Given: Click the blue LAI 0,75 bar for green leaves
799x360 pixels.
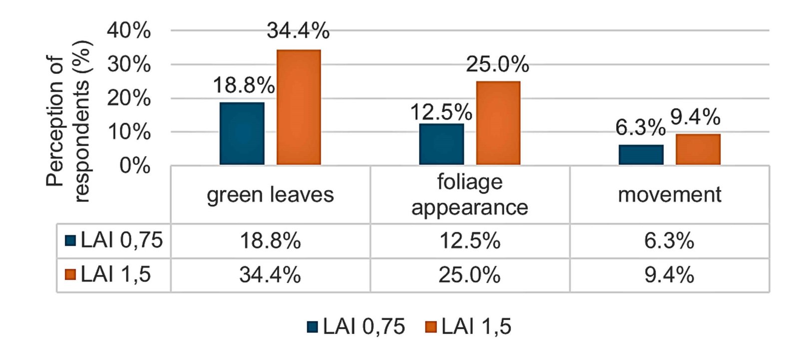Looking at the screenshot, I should (242, 133).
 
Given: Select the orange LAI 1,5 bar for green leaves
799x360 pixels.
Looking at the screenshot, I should (299, 107).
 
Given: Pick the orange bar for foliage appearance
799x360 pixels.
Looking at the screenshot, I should (498, 123).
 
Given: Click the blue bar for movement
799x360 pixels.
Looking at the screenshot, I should (641, 155).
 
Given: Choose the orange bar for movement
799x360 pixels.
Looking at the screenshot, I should (698, 149).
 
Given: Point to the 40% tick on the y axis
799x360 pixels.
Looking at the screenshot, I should (129, 31).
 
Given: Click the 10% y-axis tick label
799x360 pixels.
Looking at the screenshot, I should (129, 132).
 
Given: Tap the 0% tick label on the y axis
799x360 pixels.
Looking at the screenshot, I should (135, 166).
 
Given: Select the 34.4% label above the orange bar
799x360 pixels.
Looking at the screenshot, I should (298, 31).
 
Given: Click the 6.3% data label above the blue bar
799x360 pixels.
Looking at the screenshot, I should (640, 128).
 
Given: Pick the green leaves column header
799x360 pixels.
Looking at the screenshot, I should (270, 195).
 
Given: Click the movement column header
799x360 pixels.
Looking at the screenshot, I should (669, 195).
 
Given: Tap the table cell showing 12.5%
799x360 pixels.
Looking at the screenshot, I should (469, 241).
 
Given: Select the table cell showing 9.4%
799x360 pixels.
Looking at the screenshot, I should (669, 275).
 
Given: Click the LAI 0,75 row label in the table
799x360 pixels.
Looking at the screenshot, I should (114, 241).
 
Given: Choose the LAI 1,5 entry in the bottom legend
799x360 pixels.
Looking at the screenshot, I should (468, 327).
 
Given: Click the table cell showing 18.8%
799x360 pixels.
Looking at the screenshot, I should (270, 241).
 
